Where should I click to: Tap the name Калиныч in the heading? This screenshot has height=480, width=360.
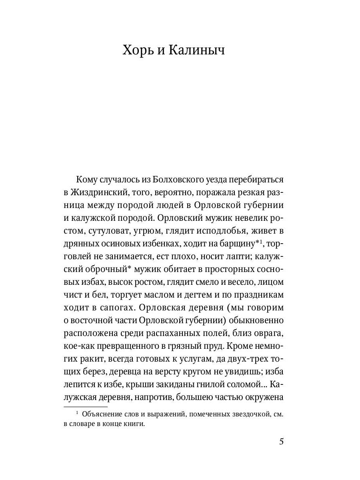point(196,51)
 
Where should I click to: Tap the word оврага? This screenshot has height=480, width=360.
point(268,333)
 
